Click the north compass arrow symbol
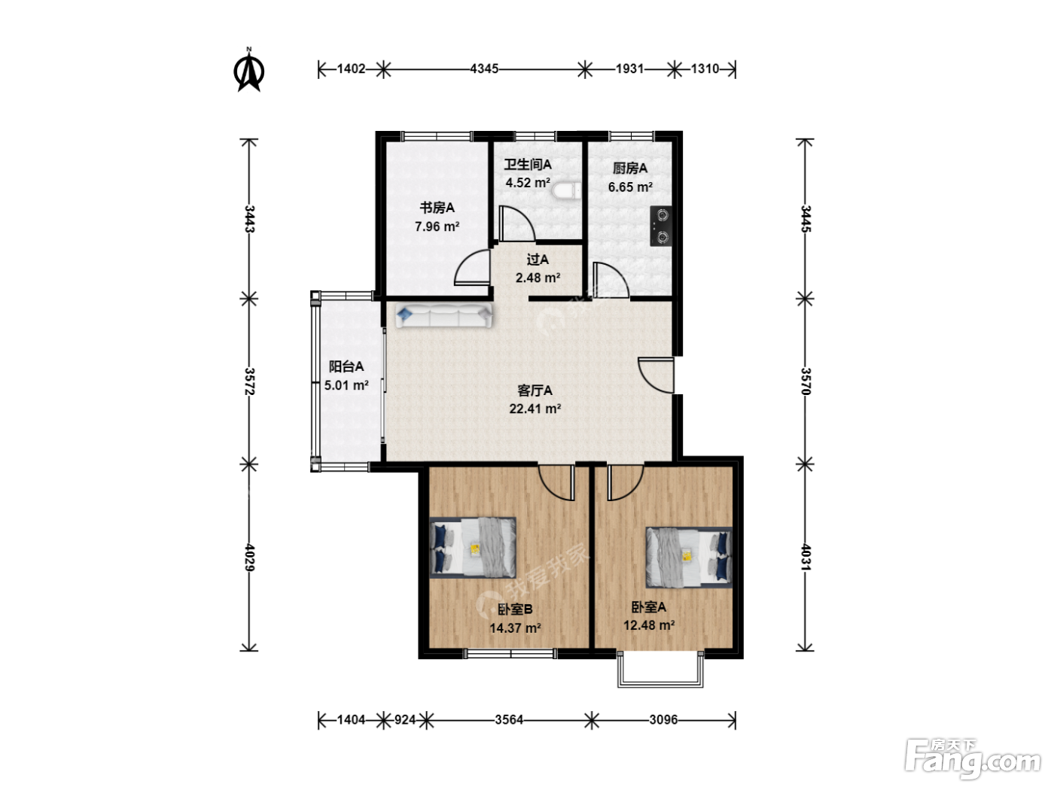click(x=248, y=71)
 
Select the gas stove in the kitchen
click(x=661, y=226)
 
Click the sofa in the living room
click(x=444, y=315)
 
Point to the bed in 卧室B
click(x=473, y=547)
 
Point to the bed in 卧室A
click(x=689, y=557)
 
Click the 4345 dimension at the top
click(x=484, y=69)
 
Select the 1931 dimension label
click(x=629, y=69)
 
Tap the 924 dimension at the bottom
click(x=405, y=720)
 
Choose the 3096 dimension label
click(x=663, y=720)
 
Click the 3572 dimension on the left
click(x=249, y=381)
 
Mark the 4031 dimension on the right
click(x=806, y=558)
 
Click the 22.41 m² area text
click(x=535, y=409)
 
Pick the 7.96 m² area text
click(x=437, y=226)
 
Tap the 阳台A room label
click(x=346, y=367)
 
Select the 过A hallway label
click(x=538, y=260)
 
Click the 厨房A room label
click(x=630, y=169)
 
